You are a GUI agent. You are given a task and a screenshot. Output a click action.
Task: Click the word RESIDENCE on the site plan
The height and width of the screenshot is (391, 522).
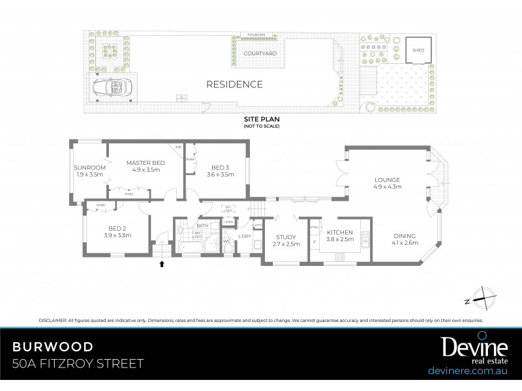pyautogui.click(x=234, y=84)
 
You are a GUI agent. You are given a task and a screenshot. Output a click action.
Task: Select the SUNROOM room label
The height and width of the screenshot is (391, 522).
pyautogui.click(x=90, y=168)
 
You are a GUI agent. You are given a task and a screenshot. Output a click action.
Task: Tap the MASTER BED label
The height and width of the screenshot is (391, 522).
pyautogui.click(x=146, y=163)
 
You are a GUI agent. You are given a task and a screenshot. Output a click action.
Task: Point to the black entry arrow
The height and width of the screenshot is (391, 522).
pyautogui.click(x=162, y=264)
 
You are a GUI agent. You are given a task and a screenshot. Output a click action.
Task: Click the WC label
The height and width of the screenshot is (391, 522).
pyautogui.click(x=227, y=241)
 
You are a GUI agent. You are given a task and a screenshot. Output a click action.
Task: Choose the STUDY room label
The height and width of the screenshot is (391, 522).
pyautogui.click(x=286, y=237)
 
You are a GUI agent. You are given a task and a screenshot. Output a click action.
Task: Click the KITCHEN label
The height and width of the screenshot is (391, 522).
pyautogui.click(x=339, y=232)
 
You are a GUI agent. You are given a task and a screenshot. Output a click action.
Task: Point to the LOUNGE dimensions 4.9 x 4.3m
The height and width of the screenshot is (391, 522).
pyautogui.click(x=388, y=186)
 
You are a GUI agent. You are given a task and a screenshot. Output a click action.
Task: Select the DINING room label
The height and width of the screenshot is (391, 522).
pyautogui.click(x=405, y=236)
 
